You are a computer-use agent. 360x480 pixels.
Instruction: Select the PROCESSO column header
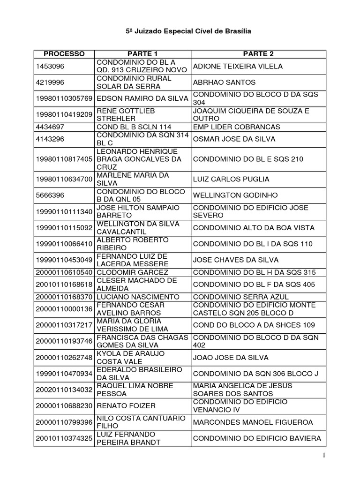pos(64,54)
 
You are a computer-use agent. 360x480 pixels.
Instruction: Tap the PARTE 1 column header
pos(142,54)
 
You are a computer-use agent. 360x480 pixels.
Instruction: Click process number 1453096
pos(49,66)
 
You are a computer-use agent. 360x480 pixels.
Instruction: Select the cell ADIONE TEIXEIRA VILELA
pos(238,66)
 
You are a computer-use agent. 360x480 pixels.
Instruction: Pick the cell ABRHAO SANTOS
pos(224,82)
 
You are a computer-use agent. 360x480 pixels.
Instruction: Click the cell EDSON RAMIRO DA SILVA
pos(142,98)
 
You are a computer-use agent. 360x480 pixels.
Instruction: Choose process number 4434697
pos(49,127)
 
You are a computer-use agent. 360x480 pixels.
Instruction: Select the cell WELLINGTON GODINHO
pos(235,195)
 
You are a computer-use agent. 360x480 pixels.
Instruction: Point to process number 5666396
pos(49,195)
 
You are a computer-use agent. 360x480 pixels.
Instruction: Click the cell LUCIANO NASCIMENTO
pos(135,297)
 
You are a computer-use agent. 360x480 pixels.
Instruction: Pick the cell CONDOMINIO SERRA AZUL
pos(241,297)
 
